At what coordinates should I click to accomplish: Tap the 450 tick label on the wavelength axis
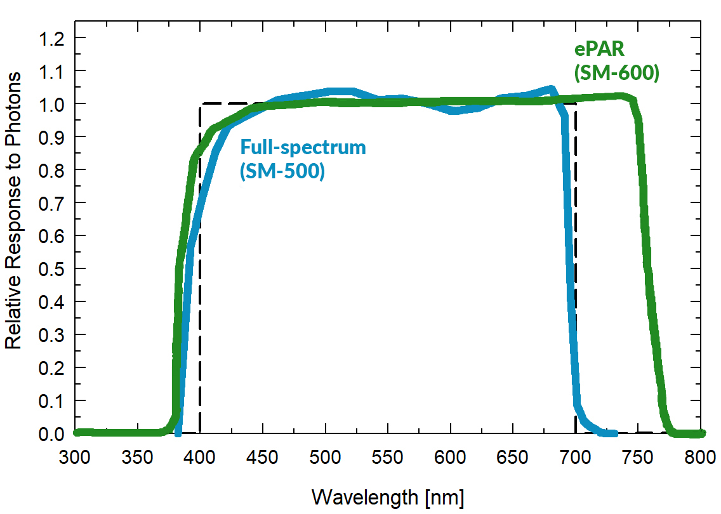pyautogui.click(x=263, y=459)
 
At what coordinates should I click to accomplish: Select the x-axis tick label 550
pyautogui.click(x=388, y=459)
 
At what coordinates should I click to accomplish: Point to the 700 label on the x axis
pyautogui.click(x=576, y=459)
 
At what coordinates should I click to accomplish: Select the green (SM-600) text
pyautogui.click(x=616, y=74)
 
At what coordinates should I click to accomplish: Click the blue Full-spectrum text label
pyautogui.click(x=303, y=147)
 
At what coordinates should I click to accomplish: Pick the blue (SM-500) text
pyautogui.click(x=282, y=170)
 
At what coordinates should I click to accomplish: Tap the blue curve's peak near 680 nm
pyautogui.click(x=551, y=89)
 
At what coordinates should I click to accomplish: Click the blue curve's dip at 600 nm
pyautogui.click(x=451, y=110)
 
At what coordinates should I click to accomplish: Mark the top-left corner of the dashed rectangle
pyautogui.click(x=200, y=104)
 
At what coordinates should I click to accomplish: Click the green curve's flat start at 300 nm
pyautogui.click(x=77, y=432)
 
